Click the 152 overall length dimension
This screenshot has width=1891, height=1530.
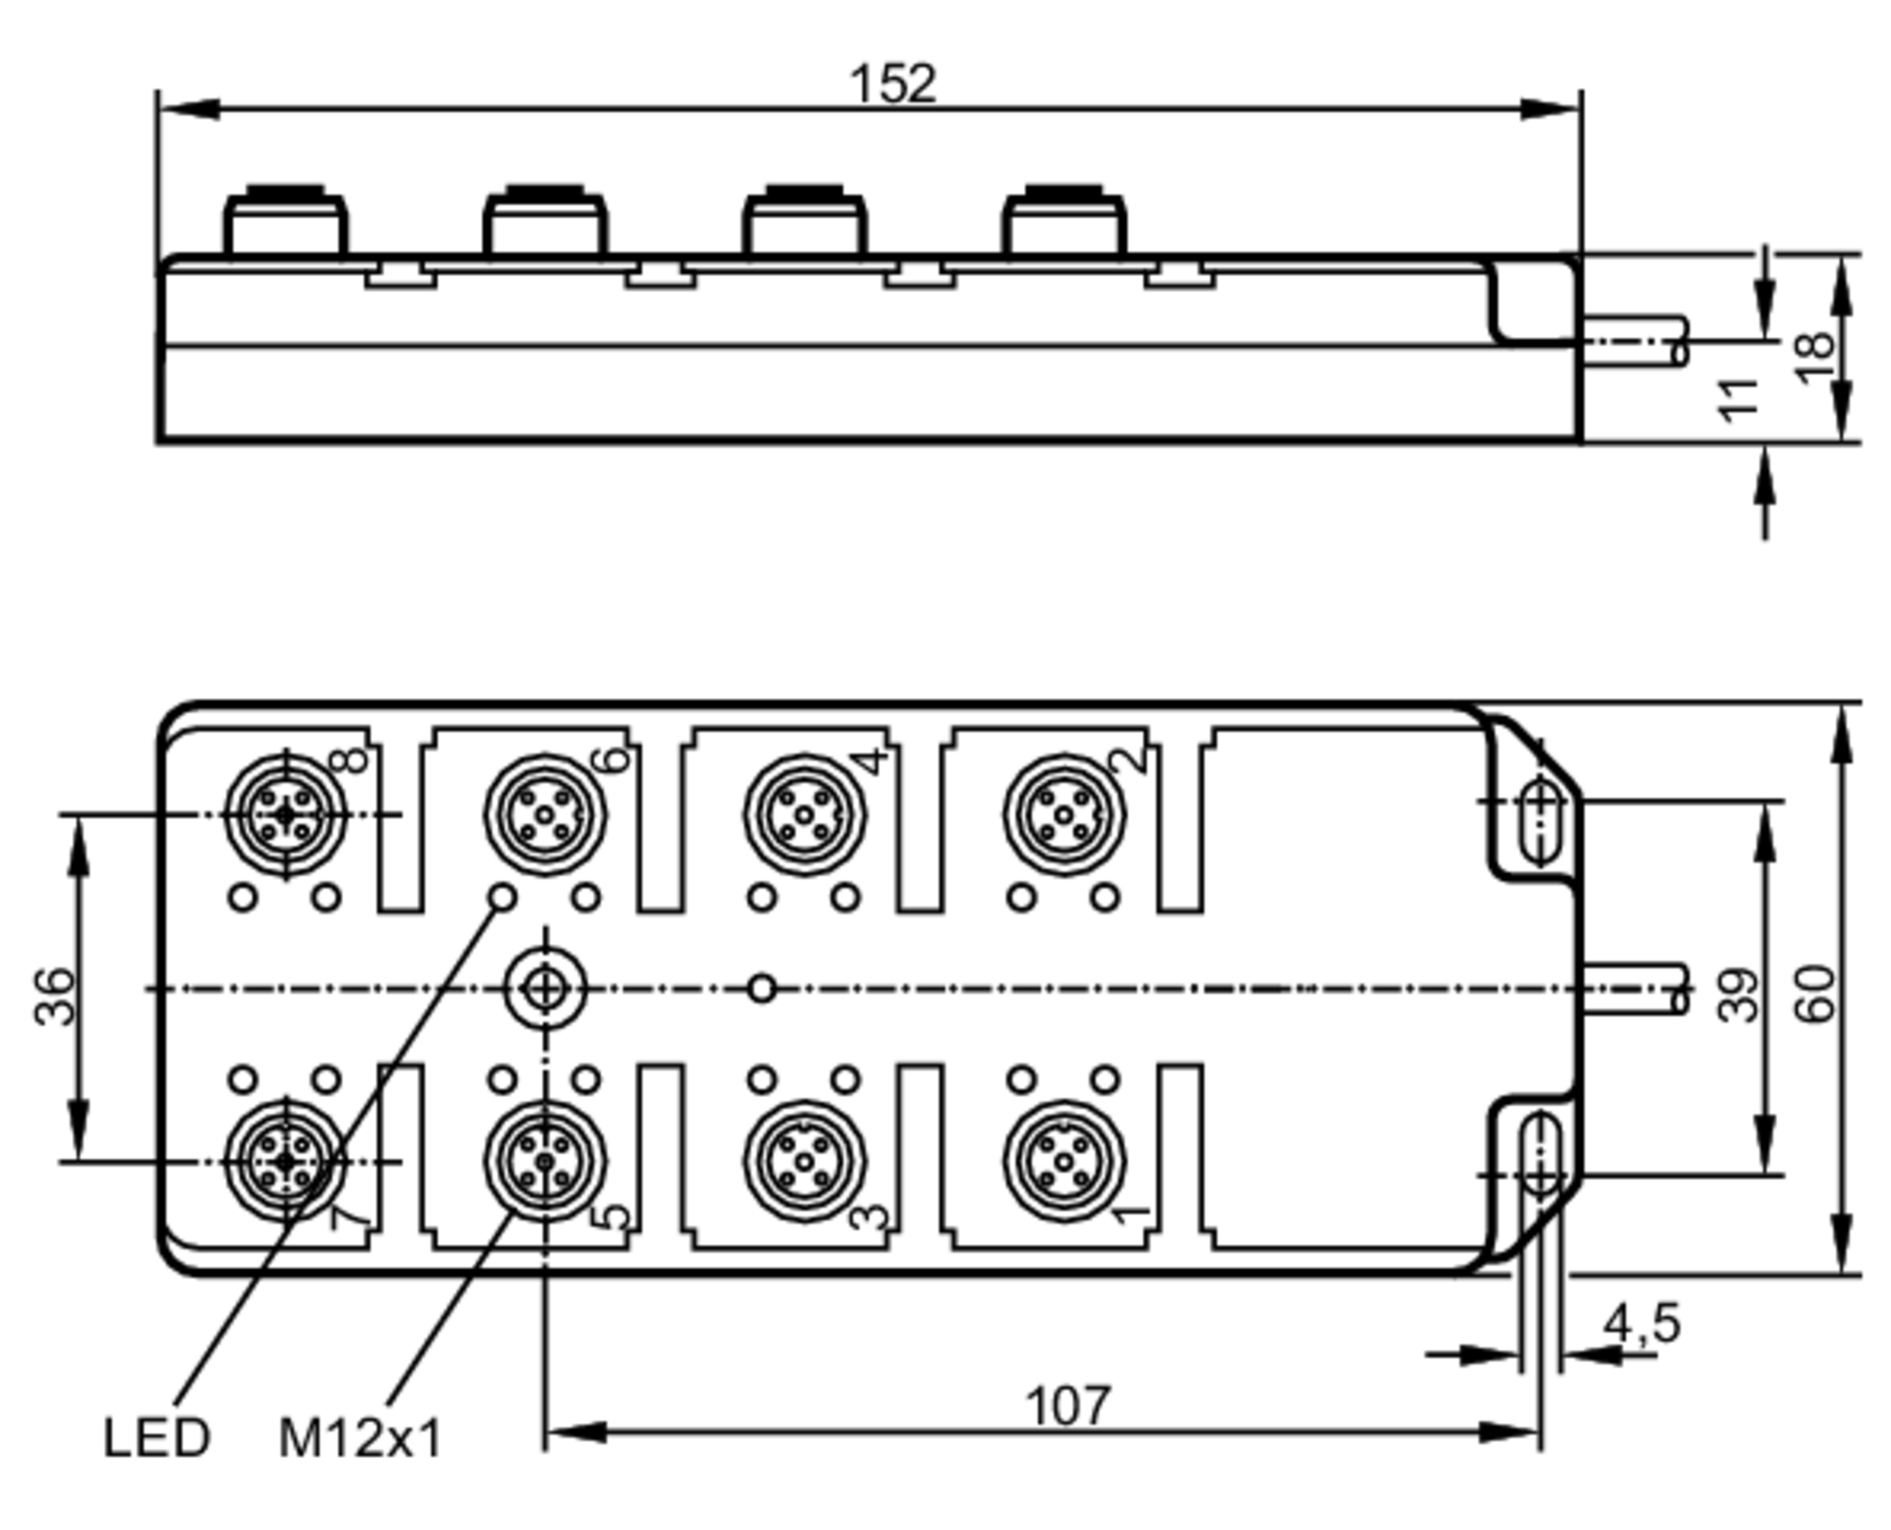[893, 84]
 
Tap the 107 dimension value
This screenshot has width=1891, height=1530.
[1067, 1406]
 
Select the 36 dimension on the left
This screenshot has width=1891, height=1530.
[55, 996]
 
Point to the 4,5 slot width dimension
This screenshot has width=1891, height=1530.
[1642, 1323]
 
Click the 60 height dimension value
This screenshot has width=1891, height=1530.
[1813, 994]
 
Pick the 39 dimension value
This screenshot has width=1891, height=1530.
[1738, 995]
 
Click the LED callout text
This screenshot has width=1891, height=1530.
[156, 1437]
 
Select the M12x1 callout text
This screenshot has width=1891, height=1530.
[360, 1438]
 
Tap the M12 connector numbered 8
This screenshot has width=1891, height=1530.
[286, 813]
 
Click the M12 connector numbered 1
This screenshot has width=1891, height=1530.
[1064, 1160]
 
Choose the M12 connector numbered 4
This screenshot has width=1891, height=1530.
[804, 813]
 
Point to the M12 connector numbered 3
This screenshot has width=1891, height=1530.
[804, 1160]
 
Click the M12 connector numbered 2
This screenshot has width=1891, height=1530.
[1064, 813]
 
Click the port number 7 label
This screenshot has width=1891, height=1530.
[350, 1218]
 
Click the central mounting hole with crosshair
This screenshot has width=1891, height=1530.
[545, 989]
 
